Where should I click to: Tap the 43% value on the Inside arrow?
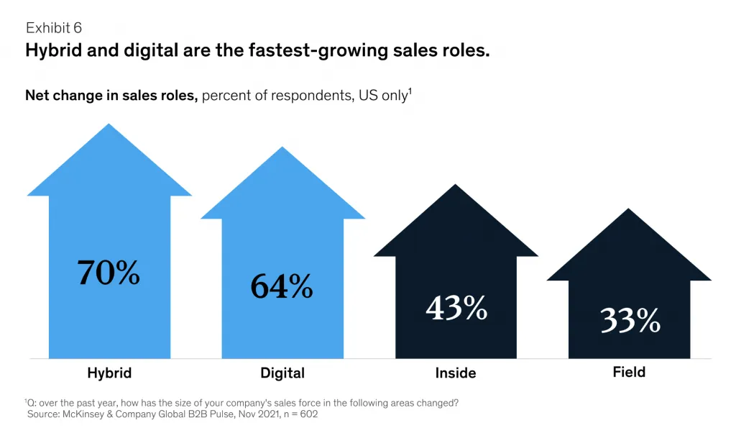[x=456, y=307]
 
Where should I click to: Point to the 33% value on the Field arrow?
[x=630, y=320]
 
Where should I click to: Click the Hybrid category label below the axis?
[x=109, y=373]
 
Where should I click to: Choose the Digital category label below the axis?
[x=282, y=373]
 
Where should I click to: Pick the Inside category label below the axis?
[x=456, y=373]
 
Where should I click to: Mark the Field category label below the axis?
[x=630, y=372]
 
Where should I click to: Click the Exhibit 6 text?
[x=54, y=28]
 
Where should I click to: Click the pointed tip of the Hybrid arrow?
[x=109, y=125]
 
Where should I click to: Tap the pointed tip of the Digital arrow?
[x=282, y=148]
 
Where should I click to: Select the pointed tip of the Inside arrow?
[x=456, y=186]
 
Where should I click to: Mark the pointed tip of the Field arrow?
[x=630, y=209]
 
